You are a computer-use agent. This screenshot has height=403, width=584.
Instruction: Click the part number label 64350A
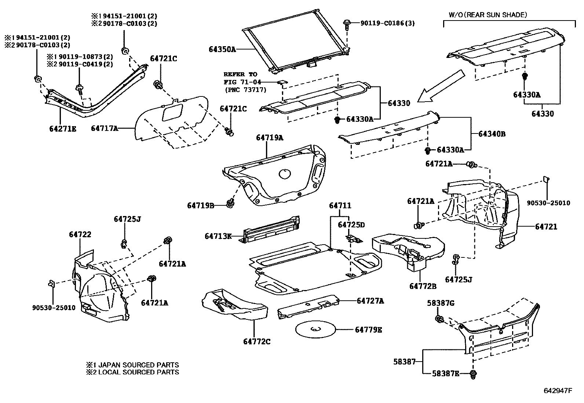pos(222,49)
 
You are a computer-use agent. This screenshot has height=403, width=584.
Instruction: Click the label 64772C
pos(257,342)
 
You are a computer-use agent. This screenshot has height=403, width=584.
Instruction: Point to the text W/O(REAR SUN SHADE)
pos(488,15)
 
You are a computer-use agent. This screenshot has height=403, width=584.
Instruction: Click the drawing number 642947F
pos(558,391)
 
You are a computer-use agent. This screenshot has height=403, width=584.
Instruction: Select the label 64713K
pos(218,237)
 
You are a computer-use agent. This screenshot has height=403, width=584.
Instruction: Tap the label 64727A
pos(370,301)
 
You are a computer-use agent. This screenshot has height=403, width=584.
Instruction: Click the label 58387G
pos(441,303)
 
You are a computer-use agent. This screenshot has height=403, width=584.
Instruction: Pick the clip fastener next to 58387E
pos(474,374)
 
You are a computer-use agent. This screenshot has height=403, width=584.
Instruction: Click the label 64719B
pos(201,205)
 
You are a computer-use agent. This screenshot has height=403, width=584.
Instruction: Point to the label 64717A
pos(105,128)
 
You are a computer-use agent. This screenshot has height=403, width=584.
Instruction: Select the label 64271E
pos(63,129)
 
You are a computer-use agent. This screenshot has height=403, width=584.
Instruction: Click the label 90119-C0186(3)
pos(387,23)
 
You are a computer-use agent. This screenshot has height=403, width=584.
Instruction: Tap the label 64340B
pos(492,134)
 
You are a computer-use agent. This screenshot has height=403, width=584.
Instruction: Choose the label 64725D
pos(351,225)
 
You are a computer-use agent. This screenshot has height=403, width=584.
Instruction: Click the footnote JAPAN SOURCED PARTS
pos(133,365)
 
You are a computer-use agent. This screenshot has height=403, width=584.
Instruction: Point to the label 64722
pos(80,234)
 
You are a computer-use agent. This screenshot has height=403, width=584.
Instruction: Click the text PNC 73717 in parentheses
pos(245,90)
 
